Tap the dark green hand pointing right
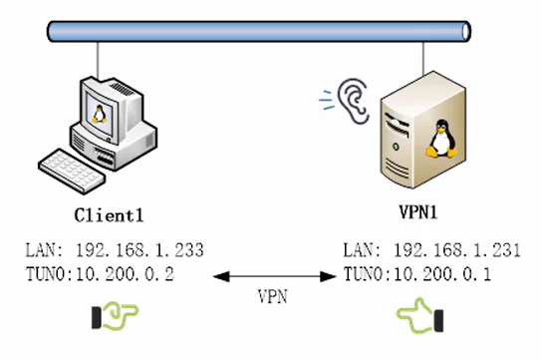[115, 317]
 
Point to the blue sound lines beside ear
[325, 98]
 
